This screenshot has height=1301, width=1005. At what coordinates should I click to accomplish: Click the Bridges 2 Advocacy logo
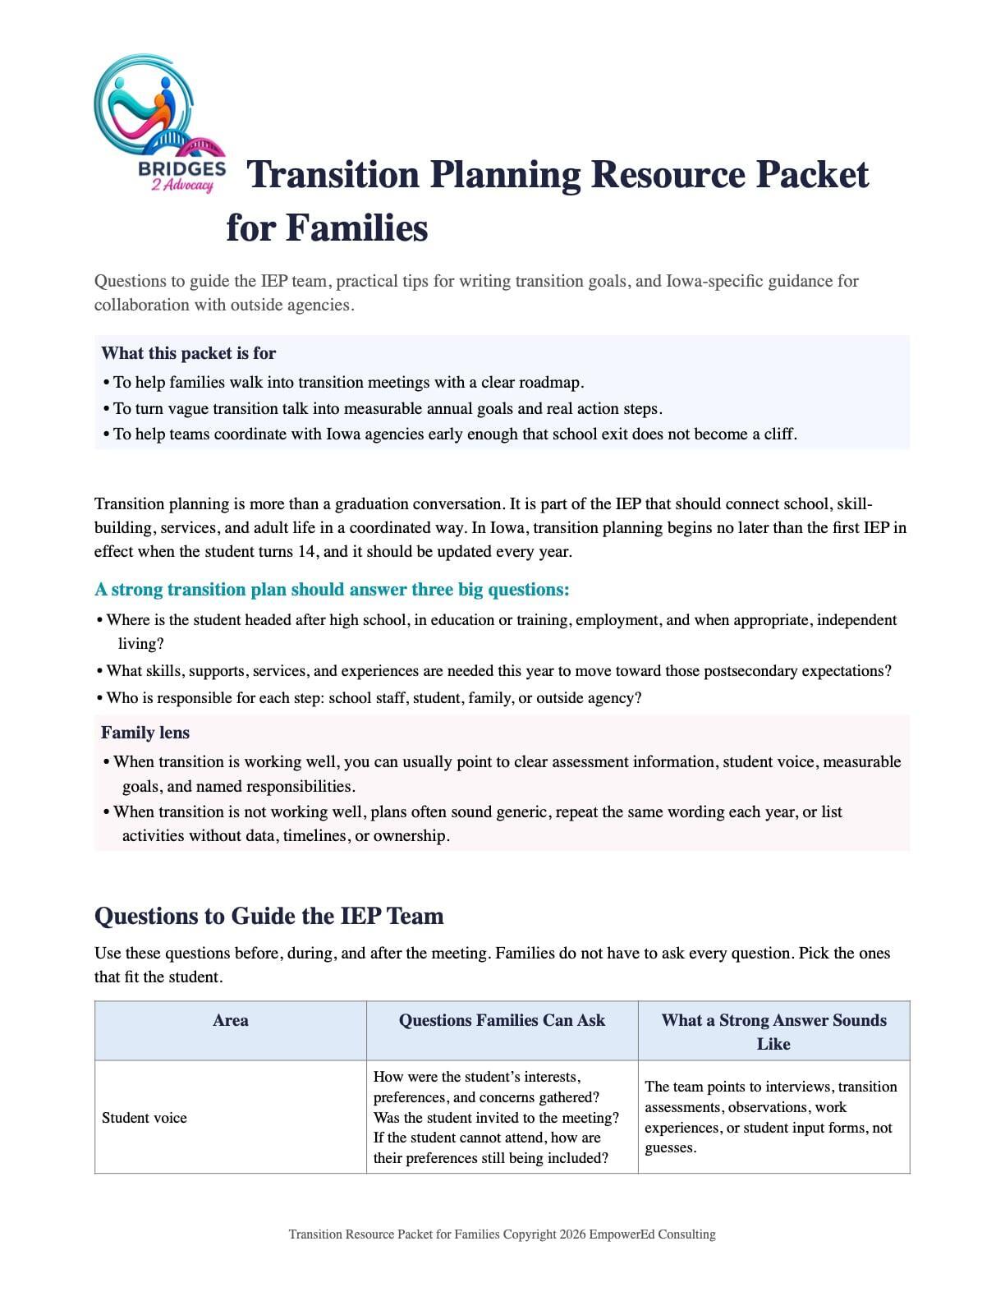pos(160,124)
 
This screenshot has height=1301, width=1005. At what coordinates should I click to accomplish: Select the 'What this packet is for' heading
pos(188,353)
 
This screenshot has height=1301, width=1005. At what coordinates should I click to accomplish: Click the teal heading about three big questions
pos(332,590)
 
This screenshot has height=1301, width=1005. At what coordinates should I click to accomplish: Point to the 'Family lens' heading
pos(145,733)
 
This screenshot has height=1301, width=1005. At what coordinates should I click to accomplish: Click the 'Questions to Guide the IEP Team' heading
pos(268,916)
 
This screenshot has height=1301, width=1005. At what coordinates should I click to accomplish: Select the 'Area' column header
pos(230,1020)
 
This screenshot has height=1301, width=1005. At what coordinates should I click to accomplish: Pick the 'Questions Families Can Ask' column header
pos(502,1020)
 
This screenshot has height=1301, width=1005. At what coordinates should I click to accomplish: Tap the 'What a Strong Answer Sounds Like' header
pos(773,1032)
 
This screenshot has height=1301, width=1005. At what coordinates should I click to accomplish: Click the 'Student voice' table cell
pos(145,1118)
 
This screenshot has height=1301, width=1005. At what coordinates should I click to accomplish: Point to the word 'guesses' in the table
pos(669,1147)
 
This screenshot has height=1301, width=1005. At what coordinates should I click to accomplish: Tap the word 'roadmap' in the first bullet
pos(552,382)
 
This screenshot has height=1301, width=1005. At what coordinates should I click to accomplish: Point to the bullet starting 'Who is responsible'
pos(374,698)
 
